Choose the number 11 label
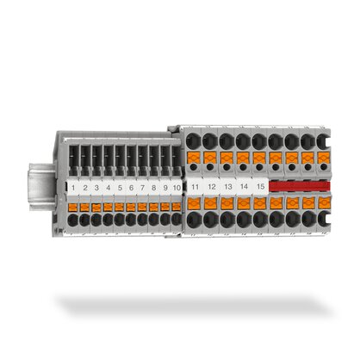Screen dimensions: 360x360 [x=196, y=186]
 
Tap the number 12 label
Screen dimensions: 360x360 [x=212, y=186]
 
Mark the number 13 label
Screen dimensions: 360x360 [x=228, y=186]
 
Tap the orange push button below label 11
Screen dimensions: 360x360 [x=196, y=203]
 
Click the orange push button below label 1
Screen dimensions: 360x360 [x=75, y=207]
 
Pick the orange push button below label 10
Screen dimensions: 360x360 [x=176, y=207]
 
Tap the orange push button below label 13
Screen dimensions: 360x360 [x=228, y=203]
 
